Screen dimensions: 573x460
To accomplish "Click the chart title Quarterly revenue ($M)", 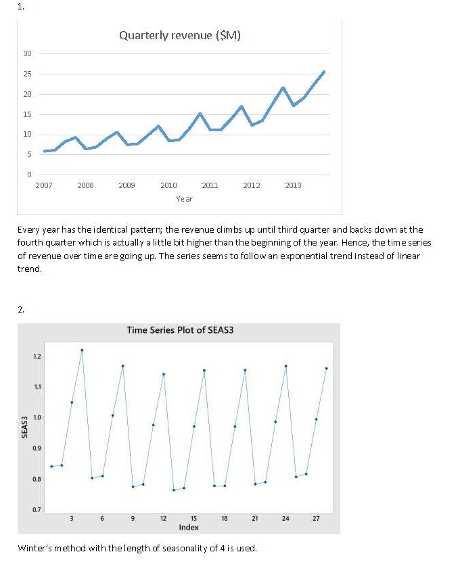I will (x=179, y=35).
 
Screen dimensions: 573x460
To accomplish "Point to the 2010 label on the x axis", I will (x=168, y=185).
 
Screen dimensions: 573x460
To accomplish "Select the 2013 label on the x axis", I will (x=293, y=185).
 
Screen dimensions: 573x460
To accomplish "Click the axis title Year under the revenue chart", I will (x=184, y=199).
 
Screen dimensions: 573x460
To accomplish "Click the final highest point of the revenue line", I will (x=324, y=71).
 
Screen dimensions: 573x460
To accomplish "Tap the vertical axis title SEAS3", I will (x=25, y=426).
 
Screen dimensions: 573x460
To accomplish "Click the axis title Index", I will (x=189, y=526).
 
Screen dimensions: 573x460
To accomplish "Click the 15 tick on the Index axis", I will (x=193, y=518).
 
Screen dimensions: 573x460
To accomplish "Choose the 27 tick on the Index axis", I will (x=316, y=518).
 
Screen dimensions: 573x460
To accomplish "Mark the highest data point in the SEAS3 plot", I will (x=82, y=350).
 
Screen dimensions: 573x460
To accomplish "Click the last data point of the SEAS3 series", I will (x=326, y=368).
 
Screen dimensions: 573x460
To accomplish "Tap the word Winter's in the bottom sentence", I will (x=34, y=547).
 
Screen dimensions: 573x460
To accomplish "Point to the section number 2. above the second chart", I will (x=21, y=309).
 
